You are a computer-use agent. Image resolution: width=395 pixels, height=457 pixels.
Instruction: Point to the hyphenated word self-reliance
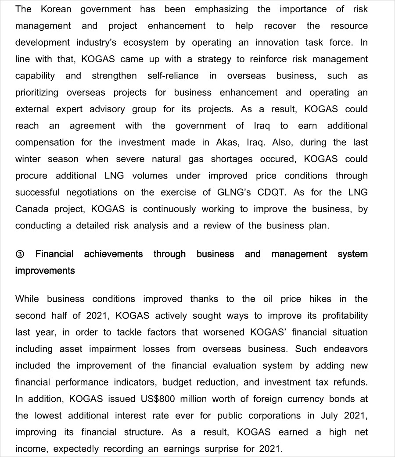[173, 76]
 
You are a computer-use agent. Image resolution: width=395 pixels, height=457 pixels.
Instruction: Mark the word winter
[28, 159]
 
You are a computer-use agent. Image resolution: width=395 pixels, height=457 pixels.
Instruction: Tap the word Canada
[32, 209]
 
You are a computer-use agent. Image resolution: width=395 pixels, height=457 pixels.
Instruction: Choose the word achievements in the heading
[113, 254]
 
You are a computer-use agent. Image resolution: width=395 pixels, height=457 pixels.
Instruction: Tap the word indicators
[133, 382]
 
